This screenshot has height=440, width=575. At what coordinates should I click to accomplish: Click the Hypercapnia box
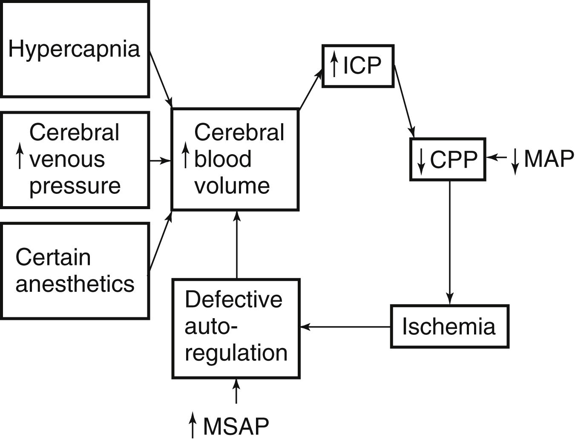click(75, 49)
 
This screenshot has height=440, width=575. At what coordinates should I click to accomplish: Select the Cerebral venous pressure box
click(75, 160)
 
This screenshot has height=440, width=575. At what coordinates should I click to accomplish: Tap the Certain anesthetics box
click(75, 271)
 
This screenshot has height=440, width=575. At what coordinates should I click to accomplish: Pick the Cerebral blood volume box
click(235, 159)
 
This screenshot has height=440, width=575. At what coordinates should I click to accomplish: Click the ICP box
click(358, 66)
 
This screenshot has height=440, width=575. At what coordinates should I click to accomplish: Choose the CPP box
click(447, 159)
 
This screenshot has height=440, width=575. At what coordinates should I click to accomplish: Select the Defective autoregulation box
click(236, 328)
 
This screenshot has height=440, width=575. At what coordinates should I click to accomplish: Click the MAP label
click(549, 159)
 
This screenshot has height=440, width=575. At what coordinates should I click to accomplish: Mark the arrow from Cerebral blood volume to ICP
click(310, 91)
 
